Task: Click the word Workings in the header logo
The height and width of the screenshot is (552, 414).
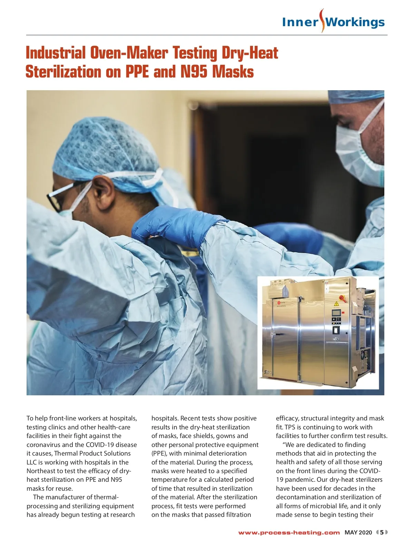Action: pyautogui.click(x=355, y=22)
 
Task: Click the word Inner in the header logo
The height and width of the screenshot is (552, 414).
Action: pyautogui.click(x=300, y=22)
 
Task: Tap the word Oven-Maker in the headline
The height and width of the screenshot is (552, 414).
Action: pyautogui.click(x=129, y=53)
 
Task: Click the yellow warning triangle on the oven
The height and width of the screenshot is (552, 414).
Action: pyautogui.click(x=336, y=304)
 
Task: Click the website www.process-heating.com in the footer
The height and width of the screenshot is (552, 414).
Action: pyautogui.click(x=289, y=532)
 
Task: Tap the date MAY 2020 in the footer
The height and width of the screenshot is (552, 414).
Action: pyautogui.click(x=358, y=532)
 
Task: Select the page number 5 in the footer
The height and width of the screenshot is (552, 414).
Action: pyautogui.click(x=382, y=532)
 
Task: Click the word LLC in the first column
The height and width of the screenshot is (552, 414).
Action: pyautogui.click(x=32, y=462)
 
